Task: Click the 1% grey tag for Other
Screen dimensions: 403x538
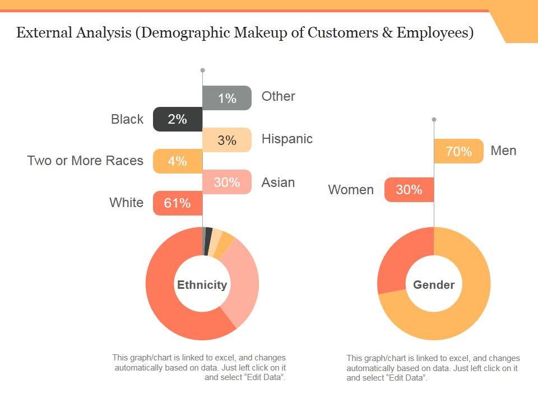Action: pyautogui.click(x=227, y=98)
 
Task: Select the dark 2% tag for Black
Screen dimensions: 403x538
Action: pyautogui.click(x=177, y=119)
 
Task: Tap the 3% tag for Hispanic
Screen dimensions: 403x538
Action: pyautogui.click(x=227, y=140)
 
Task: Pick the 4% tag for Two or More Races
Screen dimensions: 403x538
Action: pyautogui.click(x=177, y=161)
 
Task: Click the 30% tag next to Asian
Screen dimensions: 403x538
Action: pyautogui.click(x=227, y=182)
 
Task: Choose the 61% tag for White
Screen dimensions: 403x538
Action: pyautogui.click(x=177, y=203)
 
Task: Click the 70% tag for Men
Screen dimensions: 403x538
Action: pyautogui.click(x=458, y=151)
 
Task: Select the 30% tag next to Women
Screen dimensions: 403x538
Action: pyautogui.click(x=409, y=190)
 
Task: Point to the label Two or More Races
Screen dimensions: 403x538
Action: pyautogui.click(x=85, y=161)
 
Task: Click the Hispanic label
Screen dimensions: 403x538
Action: pyautogui.click(x=287, y=139)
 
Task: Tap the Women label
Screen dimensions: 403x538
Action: pyautogui.click(x=351, y=190)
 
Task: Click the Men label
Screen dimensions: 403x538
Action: pyautogui.click(x=503, y=151)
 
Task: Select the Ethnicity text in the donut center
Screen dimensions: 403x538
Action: pyautogui.click(x=202, y=285)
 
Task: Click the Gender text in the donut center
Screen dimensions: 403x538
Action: pyautogui.click(x=434, y=285)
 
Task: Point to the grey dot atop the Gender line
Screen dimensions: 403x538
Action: pyautogui.click(x=434, y=119)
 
